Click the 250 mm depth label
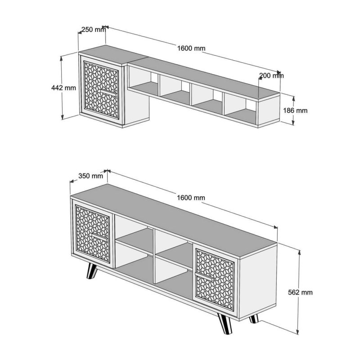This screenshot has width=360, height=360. pyautogui.click(x=93, y=30)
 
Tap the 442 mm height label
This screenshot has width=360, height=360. pyautogui.click(x=64, y=88)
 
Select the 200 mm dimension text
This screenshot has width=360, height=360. pyautogui.click(x=271, y=76)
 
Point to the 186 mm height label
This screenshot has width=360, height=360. pyautogui.click(x=295, y=110)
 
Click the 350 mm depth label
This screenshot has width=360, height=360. pyautogui.click(x=90, y=176)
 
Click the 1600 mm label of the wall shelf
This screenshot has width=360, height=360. pyautogui.click(x=191, y=49)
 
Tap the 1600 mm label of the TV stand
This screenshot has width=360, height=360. pyautogui.click(x=191, y=198)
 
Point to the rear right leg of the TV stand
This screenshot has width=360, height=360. pyautogui.click(x=254, y=318)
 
